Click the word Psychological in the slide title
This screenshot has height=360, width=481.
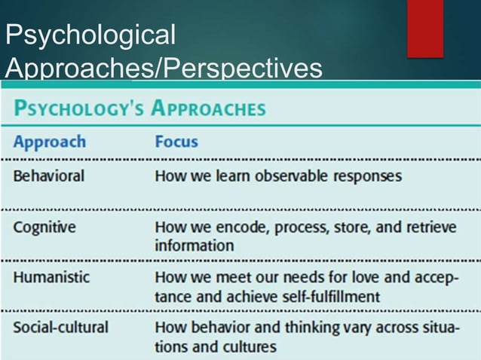[x=90, y=35]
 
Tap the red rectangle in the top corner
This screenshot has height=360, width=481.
[x=424, y=28]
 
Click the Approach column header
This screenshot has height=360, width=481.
[x=49, y=142]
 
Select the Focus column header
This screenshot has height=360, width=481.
[x=176, y=142]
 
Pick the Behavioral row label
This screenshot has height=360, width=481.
[x=48, y=176]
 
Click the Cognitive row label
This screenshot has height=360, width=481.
[x=44, y=227]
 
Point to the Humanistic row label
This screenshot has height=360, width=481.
[x=51, y=277]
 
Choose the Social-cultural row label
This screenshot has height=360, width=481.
[x=60, y=328]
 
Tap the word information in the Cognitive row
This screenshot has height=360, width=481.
[x=194, y=246]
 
